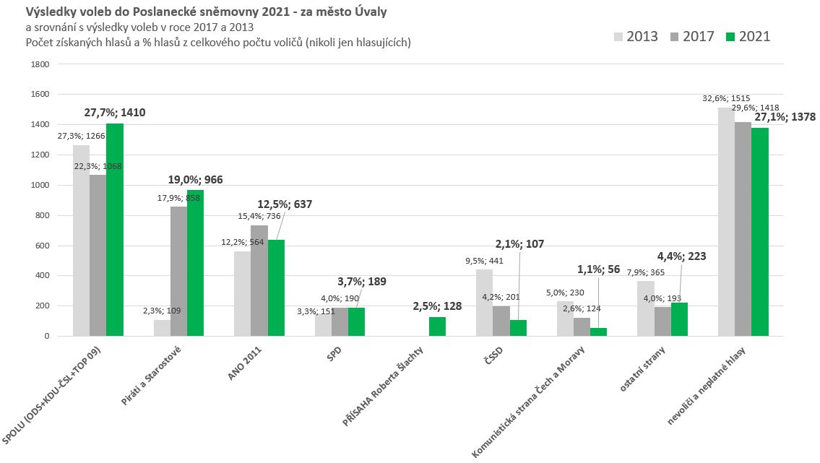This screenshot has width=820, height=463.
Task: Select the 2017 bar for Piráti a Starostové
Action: coord(178,271)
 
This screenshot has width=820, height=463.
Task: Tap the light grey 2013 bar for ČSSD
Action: coord(484,303)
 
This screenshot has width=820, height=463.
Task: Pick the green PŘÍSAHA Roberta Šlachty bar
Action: coord(437,326)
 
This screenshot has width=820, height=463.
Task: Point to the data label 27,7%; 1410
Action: coord(116,113)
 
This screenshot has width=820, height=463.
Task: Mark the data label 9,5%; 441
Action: coord(484,261)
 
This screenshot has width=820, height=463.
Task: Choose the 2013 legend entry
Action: coord(636,36)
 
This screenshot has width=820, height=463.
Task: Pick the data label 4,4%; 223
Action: coord(681,256)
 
